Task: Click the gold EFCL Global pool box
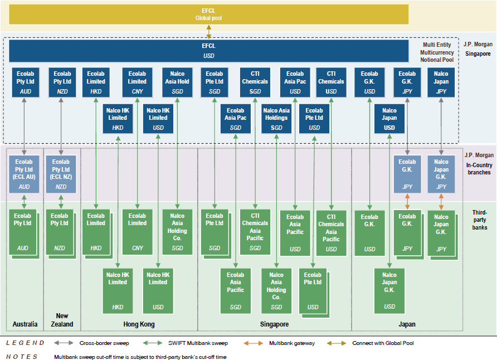click(x=208, y=14)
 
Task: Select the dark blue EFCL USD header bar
click(x=208, y=51)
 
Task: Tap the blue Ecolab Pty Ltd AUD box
click(x=25, y=81)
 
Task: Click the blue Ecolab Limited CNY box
click(x=137, y=81)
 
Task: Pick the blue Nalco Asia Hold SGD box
click(x=177, y=81)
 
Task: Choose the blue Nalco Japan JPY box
click(x=441, y=81)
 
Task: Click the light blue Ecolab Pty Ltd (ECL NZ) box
click(x=61, y=174)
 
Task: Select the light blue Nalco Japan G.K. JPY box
click(x=441, y=174)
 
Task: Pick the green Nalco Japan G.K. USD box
click(x=389, y=290)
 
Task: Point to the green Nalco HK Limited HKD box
click(x=118, y=290)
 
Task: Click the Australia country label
click(x=25, y=324)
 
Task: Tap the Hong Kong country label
click(x=139, y=324)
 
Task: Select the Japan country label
click(x=407, y=324)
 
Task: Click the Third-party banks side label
click(x=479, y=220)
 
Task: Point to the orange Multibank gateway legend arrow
click(x=254, y=343)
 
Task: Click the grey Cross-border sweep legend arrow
click(x=65, y=343)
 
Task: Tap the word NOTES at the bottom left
click(x=22, y=357)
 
